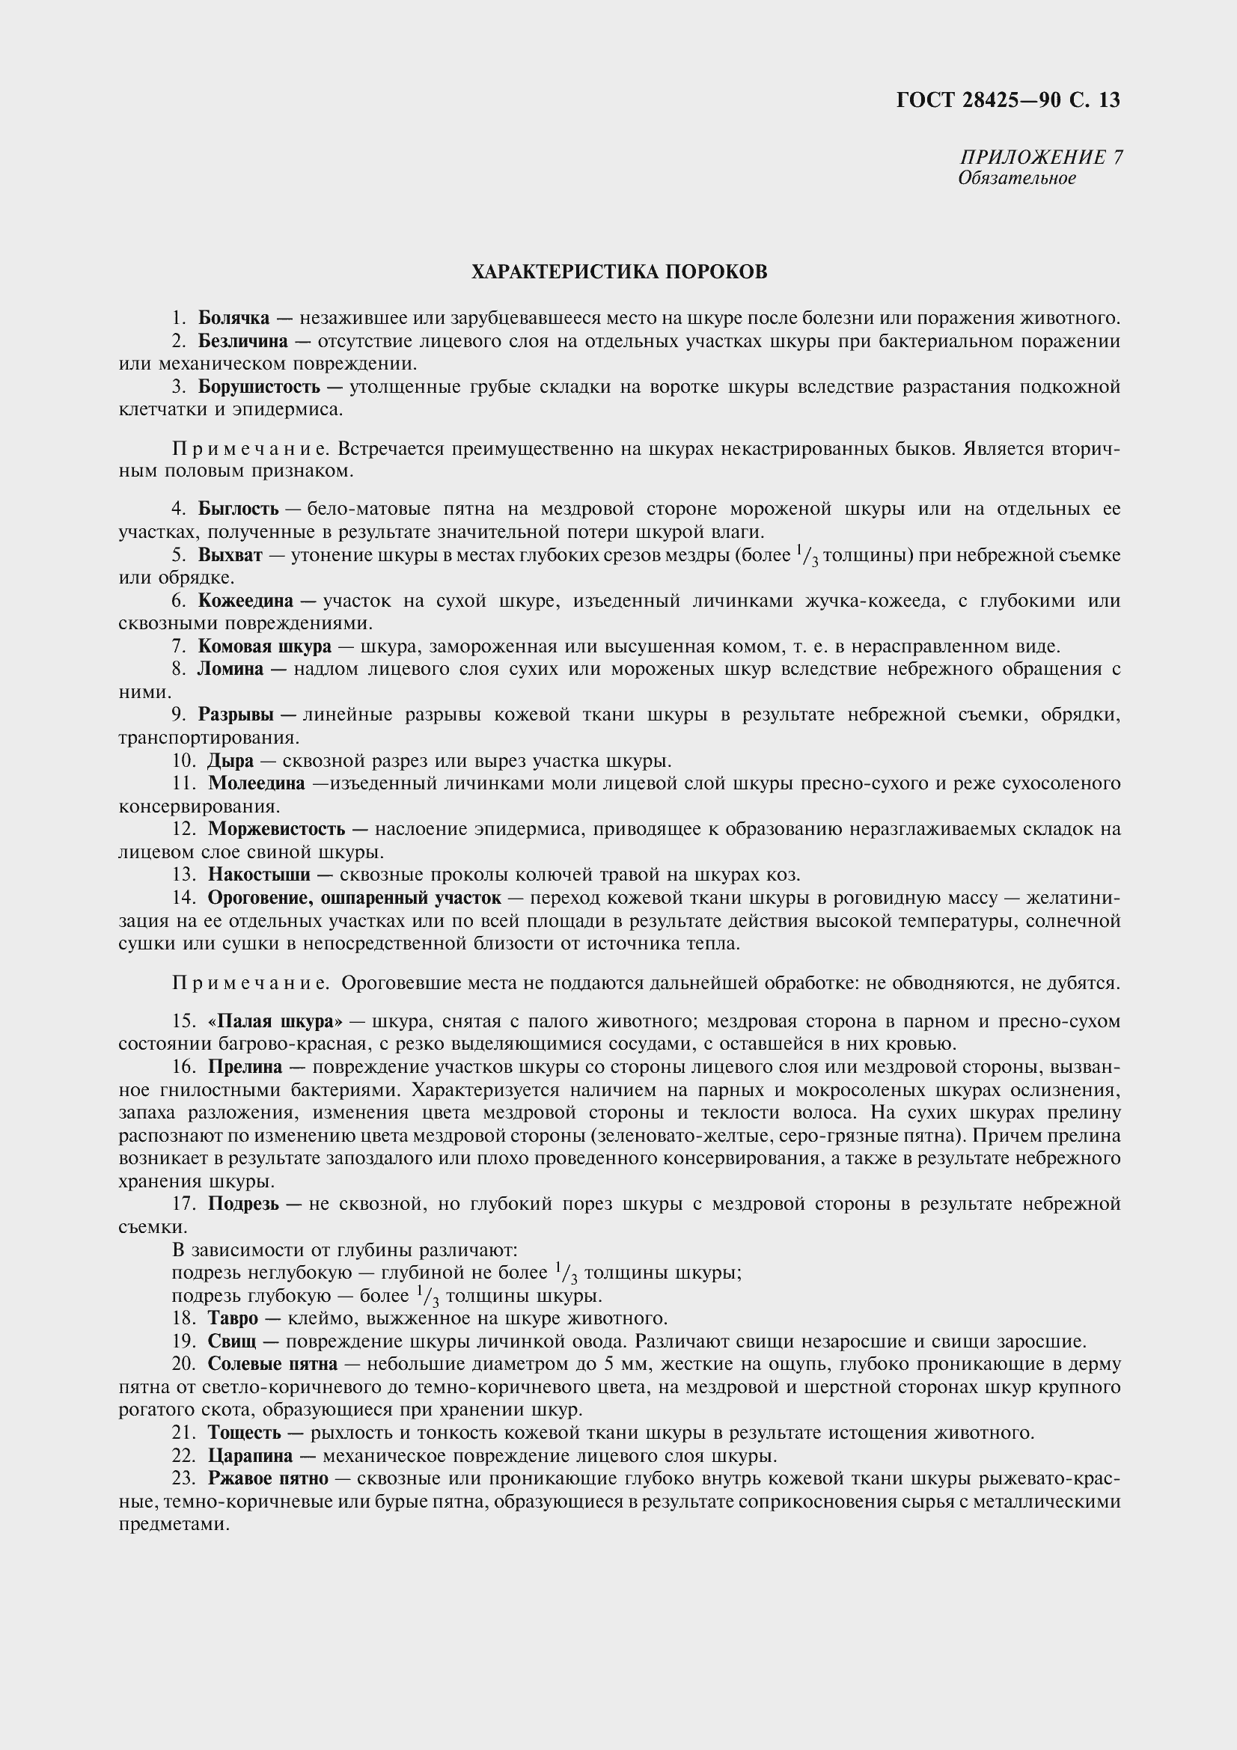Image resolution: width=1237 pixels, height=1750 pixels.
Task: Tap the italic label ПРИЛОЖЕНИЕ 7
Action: coord(1040,157)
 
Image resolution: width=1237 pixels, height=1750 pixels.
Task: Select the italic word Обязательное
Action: coord(1017,178)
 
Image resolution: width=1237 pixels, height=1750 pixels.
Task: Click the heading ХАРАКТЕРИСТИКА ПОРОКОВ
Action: coord(619,272)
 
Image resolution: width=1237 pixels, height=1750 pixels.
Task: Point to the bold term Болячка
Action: coord(234,318)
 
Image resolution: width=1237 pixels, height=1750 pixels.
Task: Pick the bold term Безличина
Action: coord(243,340)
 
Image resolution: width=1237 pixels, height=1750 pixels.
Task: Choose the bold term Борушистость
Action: coord(259,386)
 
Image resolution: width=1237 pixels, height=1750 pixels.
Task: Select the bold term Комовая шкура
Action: coord(264,646)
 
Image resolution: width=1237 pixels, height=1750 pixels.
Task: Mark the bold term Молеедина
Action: coord(257,783)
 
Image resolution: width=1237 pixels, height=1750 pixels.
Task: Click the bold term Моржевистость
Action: coord(277,828)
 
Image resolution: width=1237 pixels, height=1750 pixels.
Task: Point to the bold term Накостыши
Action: coord(259,874)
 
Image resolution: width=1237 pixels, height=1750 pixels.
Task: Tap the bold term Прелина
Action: coord(245,1067)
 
